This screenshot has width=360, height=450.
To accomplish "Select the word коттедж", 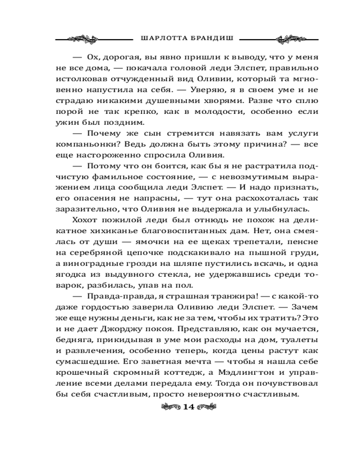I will click(x=176, y=373).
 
